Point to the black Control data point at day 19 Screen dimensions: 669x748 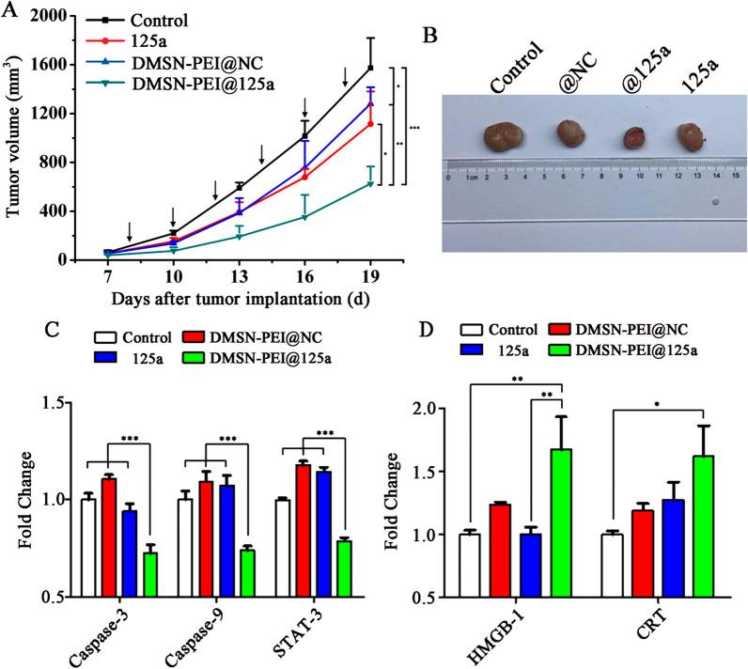point(371,68)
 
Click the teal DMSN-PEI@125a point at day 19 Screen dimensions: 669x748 point(371,183)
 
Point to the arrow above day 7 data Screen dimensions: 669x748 point(130,231)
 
